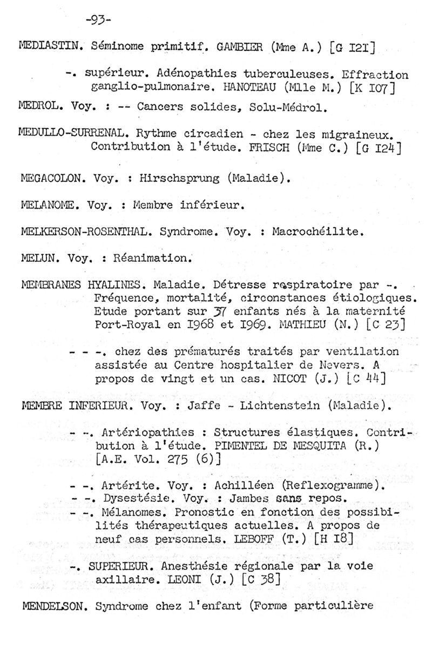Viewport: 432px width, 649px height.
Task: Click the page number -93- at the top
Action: (x=98, y=21)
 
